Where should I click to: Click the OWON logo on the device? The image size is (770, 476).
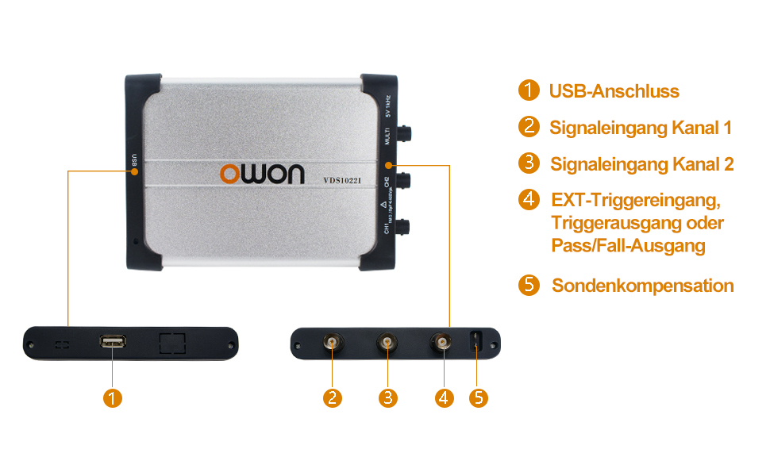(262, 173)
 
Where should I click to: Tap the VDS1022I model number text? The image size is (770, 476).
(342, 180)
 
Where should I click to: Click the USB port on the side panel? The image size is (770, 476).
(112, 342)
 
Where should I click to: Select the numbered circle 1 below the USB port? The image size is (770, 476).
(113, 397)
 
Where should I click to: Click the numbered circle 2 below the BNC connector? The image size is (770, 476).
(333, 397)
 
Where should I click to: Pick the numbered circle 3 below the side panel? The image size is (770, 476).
(387, 397)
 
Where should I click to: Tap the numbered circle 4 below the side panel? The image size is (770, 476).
(444, 397)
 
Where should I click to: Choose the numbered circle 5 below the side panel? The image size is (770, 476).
(478, 397)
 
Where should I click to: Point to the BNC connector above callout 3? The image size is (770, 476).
(387, 343)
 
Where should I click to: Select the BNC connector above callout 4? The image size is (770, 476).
(442, 343)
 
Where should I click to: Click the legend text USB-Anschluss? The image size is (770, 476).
(614, 91)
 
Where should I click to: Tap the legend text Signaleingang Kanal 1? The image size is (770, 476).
(640, 128)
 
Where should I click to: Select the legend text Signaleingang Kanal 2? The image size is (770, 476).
(641, 164)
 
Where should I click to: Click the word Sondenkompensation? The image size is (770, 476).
(642, 286)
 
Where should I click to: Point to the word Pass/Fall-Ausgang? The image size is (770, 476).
(628, 246)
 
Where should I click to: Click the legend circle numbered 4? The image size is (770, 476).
(529, 198)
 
